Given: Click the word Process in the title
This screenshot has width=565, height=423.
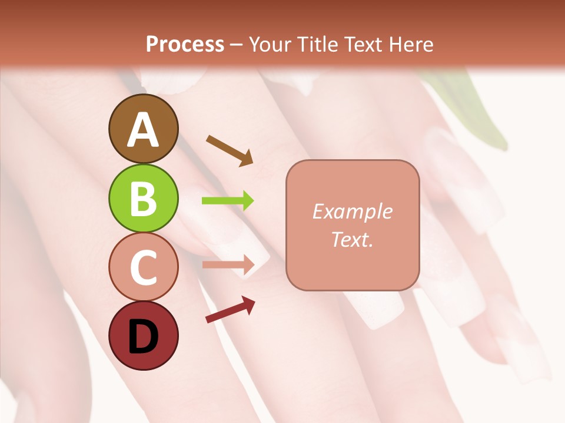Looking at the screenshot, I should [x=185, y=45].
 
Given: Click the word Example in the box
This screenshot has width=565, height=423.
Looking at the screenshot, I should [x=353, y=211].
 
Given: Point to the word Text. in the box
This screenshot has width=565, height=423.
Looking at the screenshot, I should [x=353, y=239].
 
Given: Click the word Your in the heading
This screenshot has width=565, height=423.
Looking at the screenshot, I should [x=269, y=45].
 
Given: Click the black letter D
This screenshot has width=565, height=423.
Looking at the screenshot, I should [x=143, y=337].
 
